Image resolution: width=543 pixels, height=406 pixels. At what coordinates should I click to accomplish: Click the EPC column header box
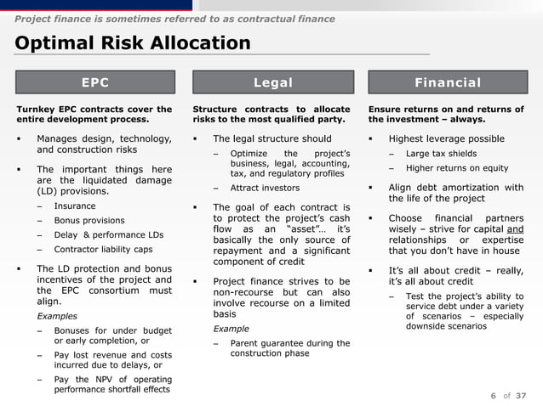coord(94,82)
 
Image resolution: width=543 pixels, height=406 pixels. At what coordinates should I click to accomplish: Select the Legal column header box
coord(272,82)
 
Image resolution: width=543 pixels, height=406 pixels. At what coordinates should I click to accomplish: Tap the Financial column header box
coord(447,82)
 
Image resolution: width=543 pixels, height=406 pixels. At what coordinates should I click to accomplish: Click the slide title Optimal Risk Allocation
coord(133,43)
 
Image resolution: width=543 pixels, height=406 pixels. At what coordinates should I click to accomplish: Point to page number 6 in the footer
coord(494,395)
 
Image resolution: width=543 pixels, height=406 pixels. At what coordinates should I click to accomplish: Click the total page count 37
coord(521,395)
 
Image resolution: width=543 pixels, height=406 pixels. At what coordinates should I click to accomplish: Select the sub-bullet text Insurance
coord(74,206)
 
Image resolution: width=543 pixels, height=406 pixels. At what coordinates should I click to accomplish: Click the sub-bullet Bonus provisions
coord(89,220)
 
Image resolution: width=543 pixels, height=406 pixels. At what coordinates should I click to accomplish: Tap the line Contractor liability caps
coord(103,249)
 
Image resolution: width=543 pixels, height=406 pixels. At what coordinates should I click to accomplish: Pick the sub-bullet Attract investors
coord(265,188)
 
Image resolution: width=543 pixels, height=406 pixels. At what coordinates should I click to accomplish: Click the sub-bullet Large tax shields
coord(441,153)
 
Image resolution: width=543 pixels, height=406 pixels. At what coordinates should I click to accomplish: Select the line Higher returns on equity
coord(457,167)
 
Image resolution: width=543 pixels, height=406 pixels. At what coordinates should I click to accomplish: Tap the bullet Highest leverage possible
coord(446,138)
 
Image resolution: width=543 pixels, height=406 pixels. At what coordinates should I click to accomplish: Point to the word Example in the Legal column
coord(231,329)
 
